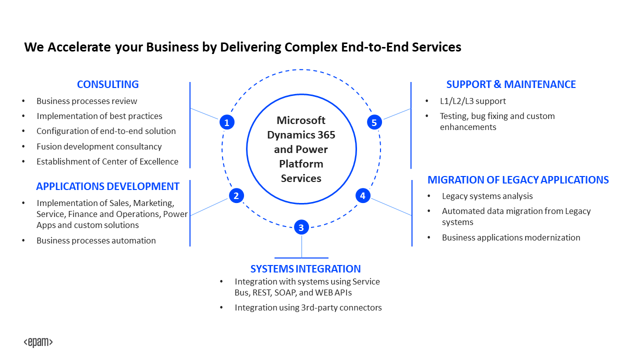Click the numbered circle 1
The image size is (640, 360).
pos(227,122)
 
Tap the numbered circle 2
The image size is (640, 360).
pos(236,195)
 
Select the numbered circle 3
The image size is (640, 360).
pos(301,227)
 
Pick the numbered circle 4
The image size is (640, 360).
pos(362,195)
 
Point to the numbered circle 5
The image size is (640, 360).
pos(374,122)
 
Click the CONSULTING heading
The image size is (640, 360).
pos(107,84)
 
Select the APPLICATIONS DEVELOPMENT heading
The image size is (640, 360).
pos(107,186)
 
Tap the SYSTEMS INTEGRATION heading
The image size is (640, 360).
pos(305,269)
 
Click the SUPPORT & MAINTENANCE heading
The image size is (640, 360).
pos(511,84)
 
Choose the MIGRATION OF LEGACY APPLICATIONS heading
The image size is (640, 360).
pos(518,180)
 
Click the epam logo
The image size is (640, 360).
pos(38,342)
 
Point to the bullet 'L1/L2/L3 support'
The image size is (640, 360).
pos(472,101)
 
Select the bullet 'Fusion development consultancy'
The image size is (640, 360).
pos(99,146)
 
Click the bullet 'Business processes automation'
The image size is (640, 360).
pos(96,240)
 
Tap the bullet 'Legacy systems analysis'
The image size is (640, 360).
pos(487,196)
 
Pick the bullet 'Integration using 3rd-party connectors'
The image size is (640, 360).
pos(308,307)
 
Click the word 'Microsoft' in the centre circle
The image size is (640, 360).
pos(301,120)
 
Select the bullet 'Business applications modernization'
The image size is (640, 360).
pos(511,237)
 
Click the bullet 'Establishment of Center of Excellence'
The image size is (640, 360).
pos(107,161)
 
